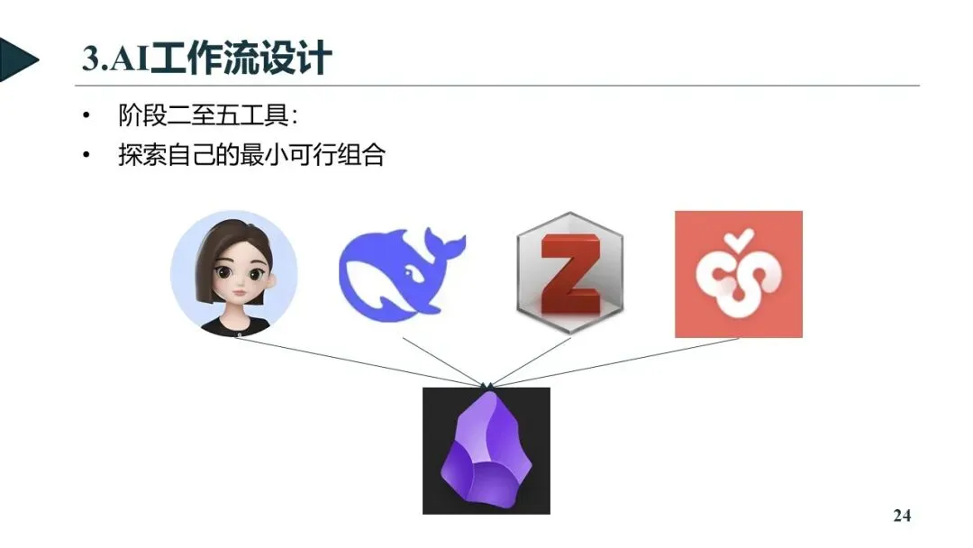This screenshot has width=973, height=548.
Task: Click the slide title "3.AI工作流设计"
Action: (x=207, y=59)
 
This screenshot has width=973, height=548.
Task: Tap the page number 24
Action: (x=902, y=516)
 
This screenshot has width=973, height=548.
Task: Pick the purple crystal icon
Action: (x=486, y=451)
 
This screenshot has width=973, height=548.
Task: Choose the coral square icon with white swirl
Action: (x=739, y=274)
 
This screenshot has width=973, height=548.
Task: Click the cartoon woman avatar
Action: (x=234, y=274)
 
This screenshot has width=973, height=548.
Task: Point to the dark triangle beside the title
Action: (x=18, y=60)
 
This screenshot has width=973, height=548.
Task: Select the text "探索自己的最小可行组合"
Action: (x=251, y=155)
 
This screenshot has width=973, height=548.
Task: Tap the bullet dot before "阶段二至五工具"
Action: (x=86, y=117)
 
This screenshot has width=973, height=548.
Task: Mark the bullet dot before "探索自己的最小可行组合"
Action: (x=86, y=156)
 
